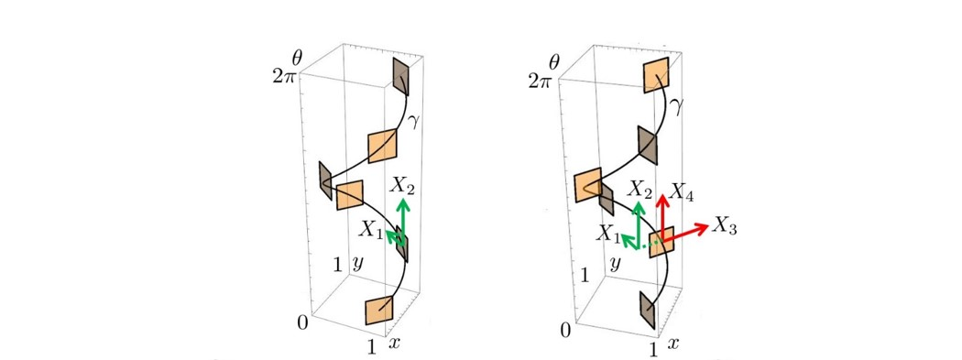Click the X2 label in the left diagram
pyautogui.click(x=402, y=187)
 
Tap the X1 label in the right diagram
pyautogui.click(x=607, y=232)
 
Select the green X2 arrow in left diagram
pyautogui.click(x=403, y=221)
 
